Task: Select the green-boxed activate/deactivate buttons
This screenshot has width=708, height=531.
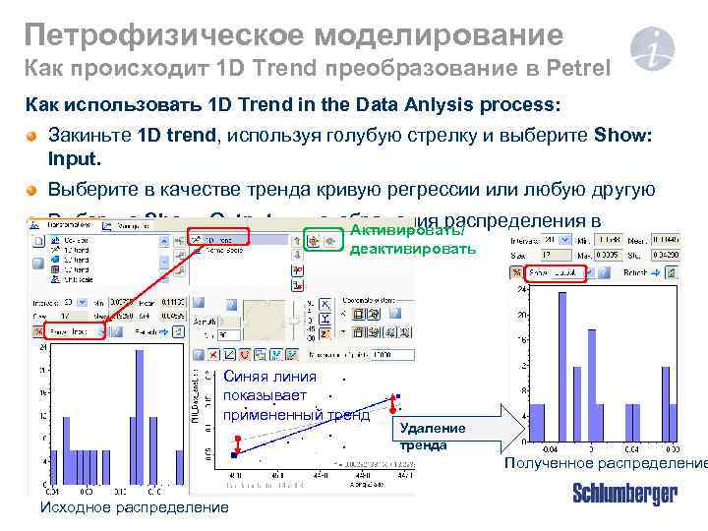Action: pyautogui.click(x=324, y=238)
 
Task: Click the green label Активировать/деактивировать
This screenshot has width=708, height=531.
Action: pyautogui.click(x=411, y=241)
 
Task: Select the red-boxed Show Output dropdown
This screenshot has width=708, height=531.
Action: pyautogui.click(x=555, y=272)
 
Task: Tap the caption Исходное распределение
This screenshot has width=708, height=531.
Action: pyautogui.click(x=132, y=507)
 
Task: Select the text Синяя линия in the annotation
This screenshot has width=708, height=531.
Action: pyautogui.click(x=270, y=376)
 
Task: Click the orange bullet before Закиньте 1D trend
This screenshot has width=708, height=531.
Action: pyautogui.click(x=32, y=137)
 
